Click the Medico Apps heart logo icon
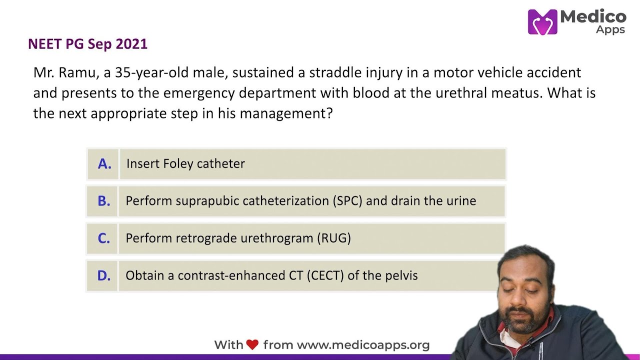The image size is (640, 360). point(542,22)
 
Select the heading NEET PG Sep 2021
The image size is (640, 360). point(87,44)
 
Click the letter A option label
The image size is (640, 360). point(104,164)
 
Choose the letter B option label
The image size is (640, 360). point(103,201)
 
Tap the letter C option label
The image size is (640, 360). point(103,238)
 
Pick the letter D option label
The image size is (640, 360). point(103,275)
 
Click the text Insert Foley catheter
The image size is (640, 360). point(185,164)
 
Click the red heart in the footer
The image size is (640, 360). point(252,344)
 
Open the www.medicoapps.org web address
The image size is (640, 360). point(363,345)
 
